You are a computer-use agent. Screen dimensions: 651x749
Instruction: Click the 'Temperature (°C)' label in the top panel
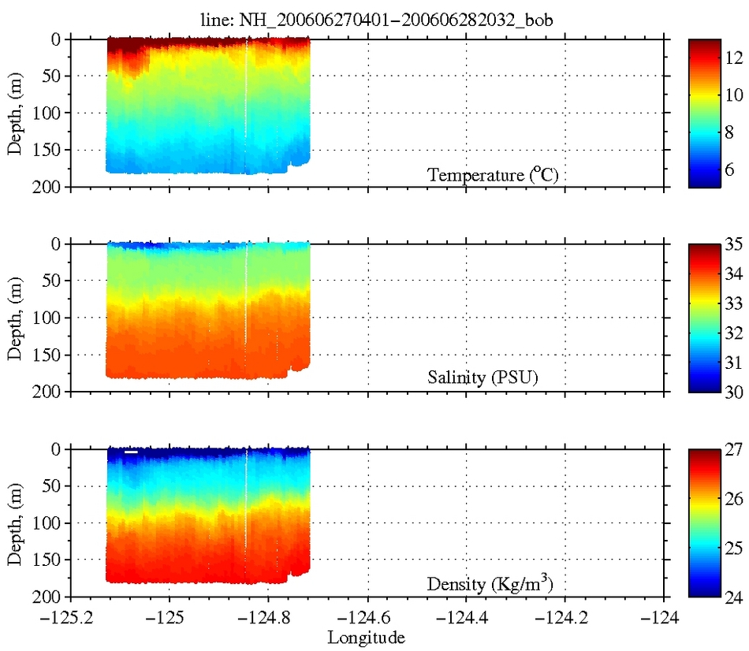coord(493,175)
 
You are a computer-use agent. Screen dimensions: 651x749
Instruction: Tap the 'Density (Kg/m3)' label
coord(493,584)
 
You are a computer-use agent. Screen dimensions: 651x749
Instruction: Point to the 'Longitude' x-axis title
coord(368,636)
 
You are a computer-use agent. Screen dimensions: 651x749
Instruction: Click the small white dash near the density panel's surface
coord(131,452)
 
